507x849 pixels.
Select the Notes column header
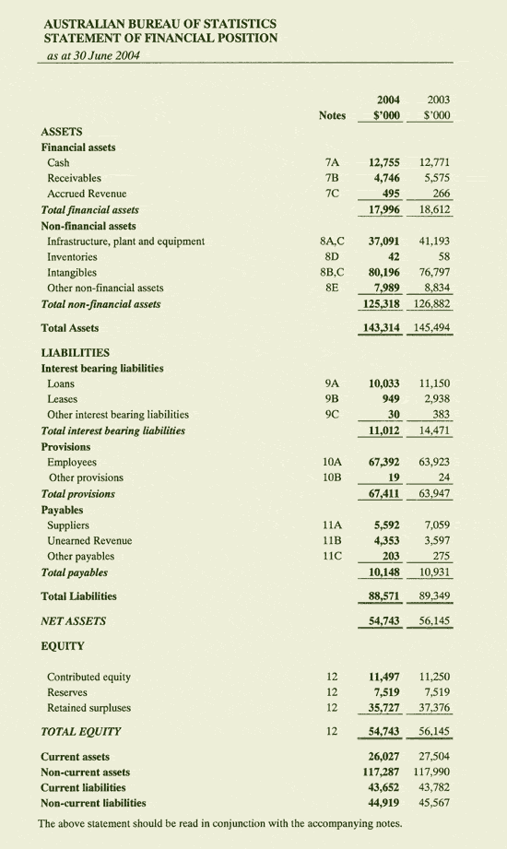pyautogui.click(x=331, y=115)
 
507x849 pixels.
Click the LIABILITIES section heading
pyautogui.click(x=76, y=352)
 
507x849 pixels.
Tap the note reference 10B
pyautogui.click(x=333, y=478)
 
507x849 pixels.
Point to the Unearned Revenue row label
pyautogui.click(x=89, y=540)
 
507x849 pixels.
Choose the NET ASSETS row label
pyautogui.click(x=74, y=620)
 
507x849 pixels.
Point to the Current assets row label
pyautogui.click(x=76, y=756)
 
